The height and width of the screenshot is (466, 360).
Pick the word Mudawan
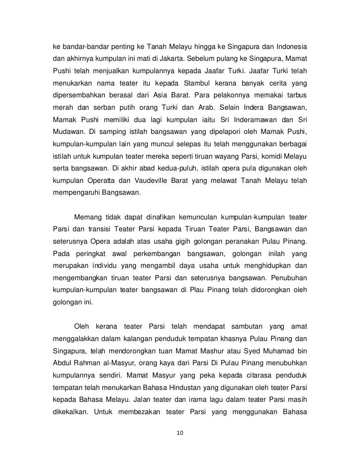point(69,133)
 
